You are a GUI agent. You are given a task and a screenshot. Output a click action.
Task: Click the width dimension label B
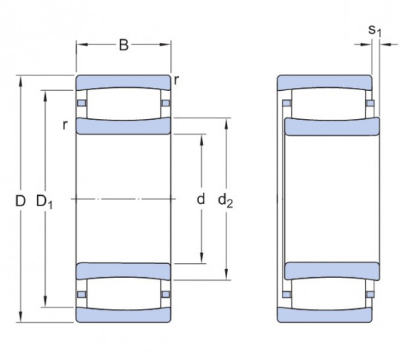(x=124, y=46)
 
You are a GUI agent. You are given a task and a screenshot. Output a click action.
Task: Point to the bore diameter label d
(x=200, y=200)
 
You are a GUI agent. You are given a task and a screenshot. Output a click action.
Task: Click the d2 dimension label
(x=226, y=200)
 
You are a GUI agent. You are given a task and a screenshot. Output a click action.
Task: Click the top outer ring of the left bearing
(x=124, y=81)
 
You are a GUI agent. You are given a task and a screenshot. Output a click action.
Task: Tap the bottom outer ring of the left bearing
(x=124, y=316)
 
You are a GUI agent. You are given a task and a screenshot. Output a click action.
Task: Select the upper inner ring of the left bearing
(x=124, y=126)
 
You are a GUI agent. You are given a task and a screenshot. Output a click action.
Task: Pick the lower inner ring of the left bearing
(x=124, y=271)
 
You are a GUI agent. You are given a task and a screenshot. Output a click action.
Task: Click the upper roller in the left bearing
(x=124, y=103)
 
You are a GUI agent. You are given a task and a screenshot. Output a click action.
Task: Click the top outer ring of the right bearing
(x=324, y=81)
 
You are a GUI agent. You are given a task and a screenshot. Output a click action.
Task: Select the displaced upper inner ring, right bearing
(x=332, y=126)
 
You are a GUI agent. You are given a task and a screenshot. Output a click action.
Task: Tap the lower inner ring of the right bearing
(x=332, y=271)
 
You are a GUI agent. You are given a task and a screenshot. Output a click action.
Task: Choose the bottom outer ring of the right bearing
(x=324, y=316)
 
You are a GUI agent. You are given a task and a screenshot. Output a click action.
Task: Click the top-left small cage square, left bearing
(x=82, y=102)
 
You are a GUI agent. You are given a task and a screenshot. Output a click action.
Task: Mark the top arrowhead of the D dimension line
(x=20, y=78)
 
